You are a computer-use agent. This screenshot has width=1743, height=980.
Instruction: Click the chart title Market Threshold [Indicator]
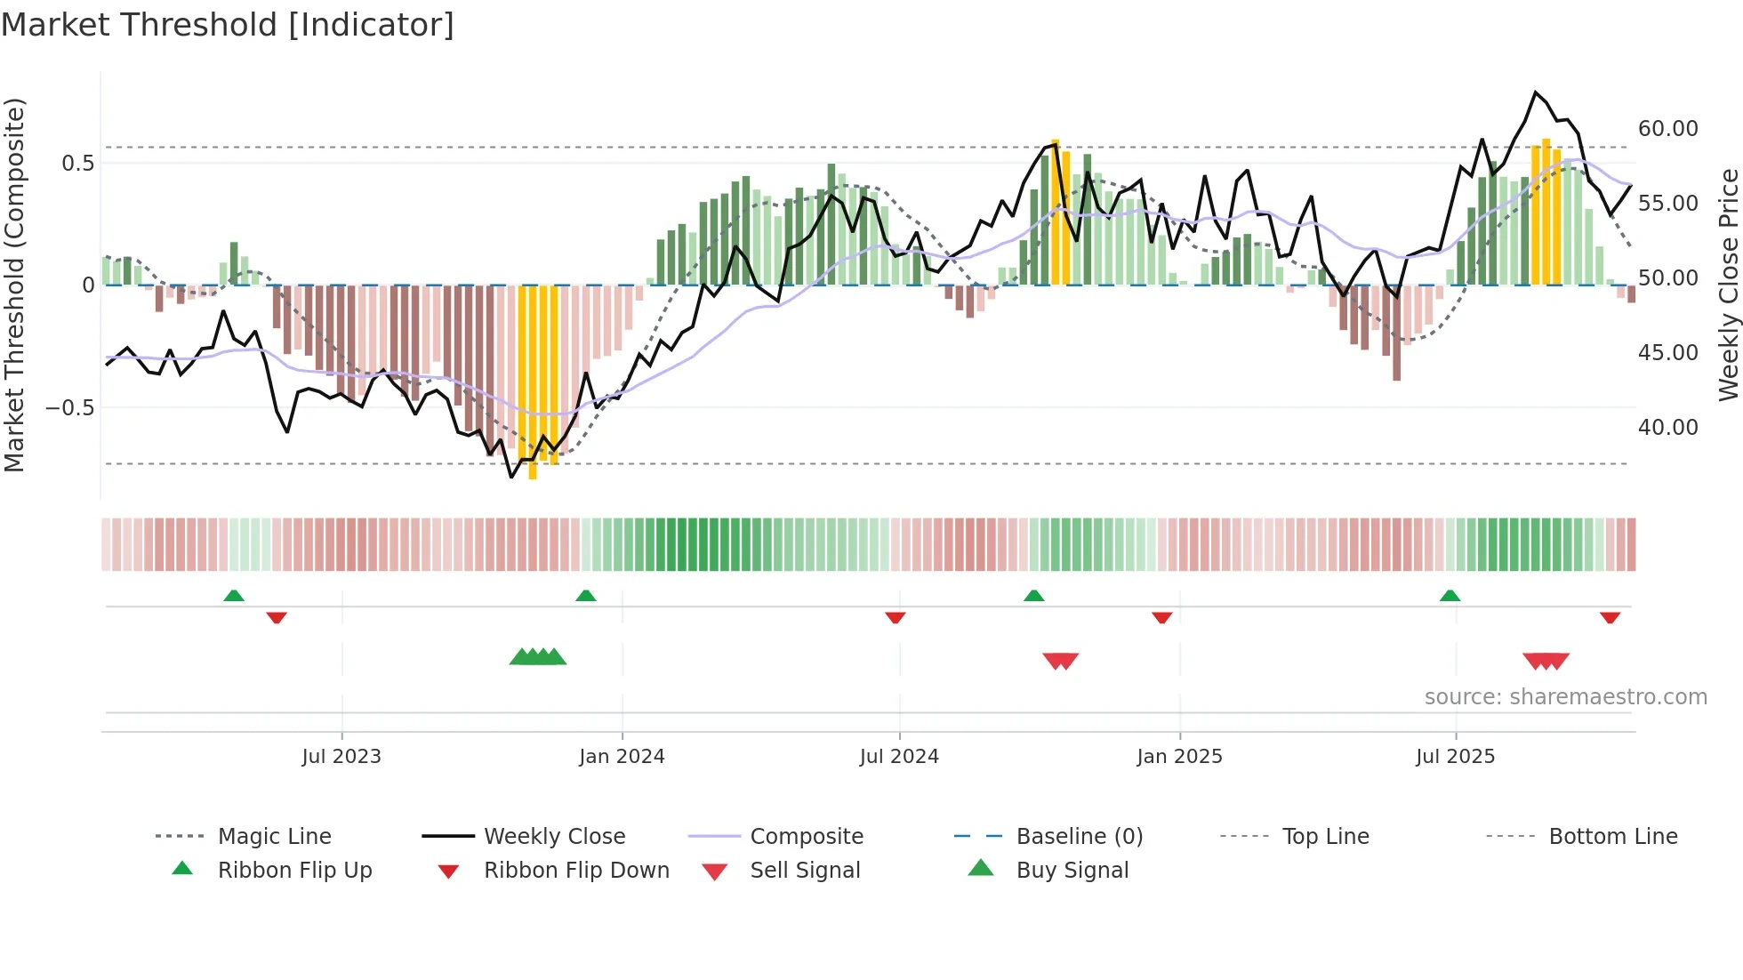point(228,25)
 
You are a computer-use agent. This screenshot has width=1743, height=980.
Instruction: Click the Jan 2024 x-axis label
point(622,757)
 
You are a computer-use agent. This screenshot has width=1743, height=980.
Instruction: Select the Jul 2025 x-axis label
point(1455,757)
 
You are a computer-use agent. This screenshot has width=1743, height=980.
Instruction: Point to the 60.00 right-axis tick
point(1667,129)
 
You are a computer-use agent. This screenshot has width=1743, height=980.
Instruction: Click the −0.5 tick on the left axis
point(69,408)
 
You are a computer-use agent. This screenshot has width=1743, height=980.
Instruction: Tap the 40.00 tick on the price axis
point(1667,428)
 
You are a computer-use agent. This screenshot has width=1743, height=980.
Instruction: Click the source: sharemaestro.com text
point(1565,697)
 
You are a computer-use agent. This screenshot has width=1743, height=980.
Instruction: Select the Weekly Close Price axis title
point(1728,285)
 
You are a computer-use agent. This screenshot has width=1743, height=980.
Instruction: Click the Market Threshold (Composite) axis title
point(14,285)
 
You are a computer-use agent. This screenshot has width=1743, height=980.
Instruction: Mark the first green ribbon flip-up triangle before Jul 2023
point(234,596)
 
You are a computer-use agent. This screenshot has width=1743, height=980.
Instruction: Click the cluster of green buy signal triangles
point(537,657)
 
